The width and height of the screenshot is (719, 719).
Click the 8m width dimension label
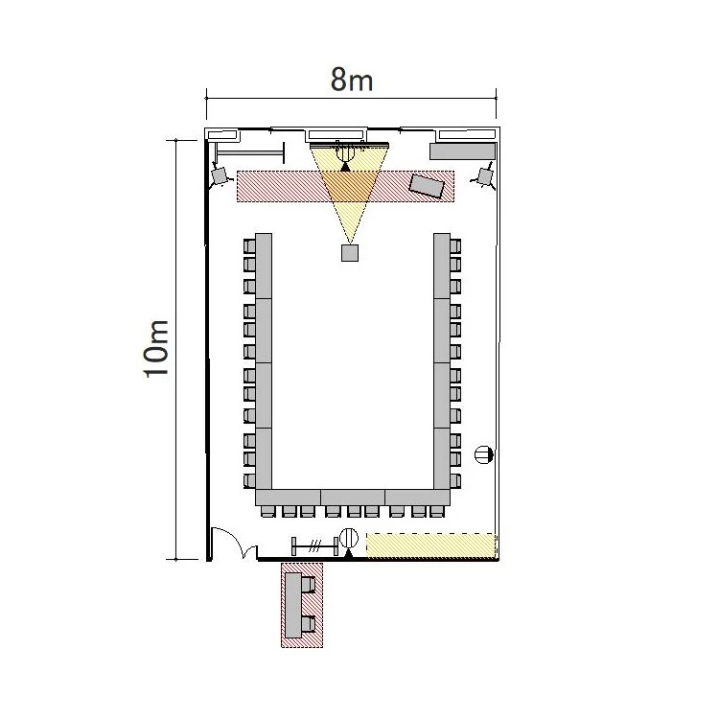pos(352,81)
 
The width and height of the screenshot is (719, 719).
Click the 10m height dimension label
pos(157,349)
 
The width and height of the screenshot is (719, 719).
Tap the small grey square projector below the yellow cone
pos(350,253)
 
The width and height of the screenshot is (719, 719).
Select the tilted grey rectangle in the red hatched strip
pos(427,186)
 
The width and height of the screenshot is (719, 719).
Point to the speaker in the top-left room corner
pos(220,175)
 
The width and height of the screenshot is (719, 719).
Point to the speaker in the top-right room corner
pos(484,176)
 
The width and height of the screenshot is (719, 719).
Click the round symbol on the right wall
pos(483,454)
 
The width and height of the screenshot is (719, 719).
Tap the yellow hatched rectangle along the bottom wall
pos(432,545)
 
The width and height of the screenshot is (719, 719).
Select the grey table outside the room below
pos(293,605)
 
